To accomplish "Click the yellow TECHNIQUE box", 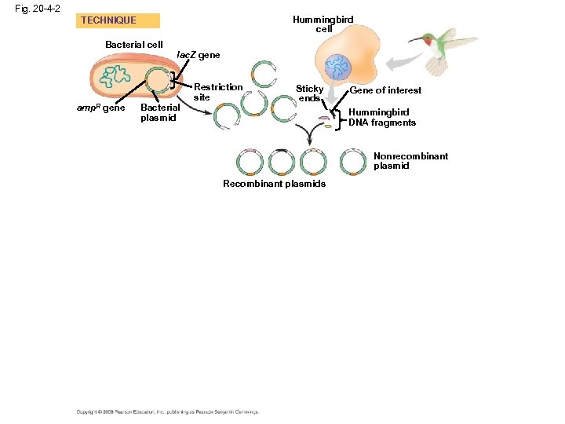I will tap(118, 20).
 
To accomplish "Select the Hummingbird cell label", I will tap(323, 24).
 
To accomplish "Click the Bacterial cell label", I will tap(134, 45).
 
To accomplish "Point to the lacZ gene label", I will tap(199, 56).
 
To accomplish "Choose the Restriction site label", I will tap(217, 92).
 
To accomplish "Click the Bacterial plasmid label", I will tap(159, 112).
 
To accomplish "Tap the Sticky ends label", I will tap(309, 93).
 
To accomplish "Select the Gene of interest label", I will tap(385, 90).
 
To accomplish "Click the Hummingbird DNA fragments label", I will tap(382, 117).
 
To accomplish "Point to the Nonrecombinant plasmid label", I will tap(410, 161).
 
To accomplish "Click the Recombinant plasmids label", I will tap(274, 184).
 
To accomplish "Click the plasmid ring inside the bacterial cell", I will tap(162, 81).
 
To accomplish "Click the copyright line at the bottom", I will tap(166, 411).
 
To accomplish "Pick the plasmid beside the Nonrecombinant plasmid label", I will tap(353, 162).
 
